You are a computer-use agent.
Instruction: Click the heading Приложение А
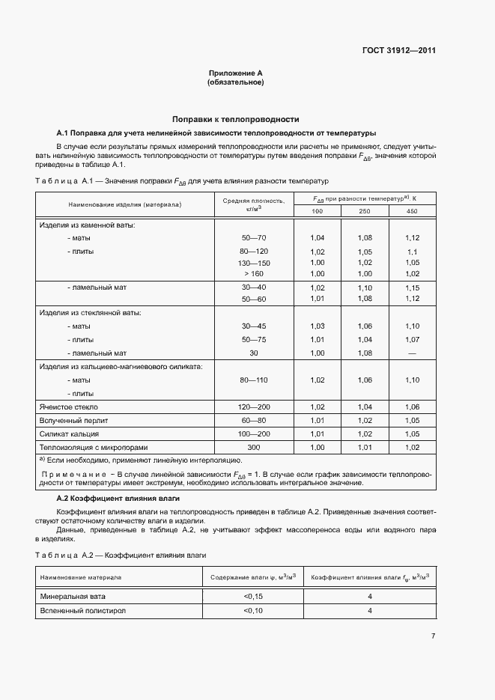pos(235,73)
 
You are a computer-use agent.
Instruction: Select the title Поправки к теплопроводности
pos(235,119)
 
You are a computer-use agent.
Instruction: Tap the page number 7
pos(433,636)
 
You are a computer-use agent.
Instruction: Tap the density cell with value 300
pos(253,447)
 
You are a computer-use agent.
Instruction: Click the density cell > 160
pos(253,274)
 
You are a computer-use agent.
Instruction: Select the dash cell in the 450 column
pos(412,353)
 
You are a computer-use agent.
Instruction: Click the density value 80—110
pos(253,380)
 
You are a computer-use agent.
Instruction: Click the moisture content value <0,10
pos(253,611)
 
